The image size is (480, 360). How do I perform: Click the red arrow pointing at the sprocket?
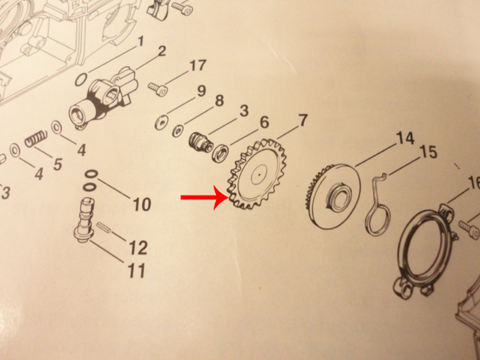tap(204, 198)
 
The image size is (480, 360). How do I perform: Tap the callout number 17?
tap(197, 65)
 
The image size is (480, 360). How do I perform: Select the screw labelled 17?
tap(158, 89)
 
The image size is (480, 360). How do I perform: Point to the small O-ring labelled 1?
tap(81, 79)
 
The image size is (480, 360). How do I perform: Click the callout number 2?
tap(161, 50)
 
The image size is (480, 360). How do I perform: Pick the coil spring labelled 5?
tap(36, 138)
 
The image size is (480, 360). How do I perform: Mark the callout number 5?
tap(58, 164)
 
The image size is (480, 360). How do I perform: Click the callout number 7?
tap(302, 120)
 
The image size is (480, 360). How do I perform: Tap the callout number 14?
tap(406, 138)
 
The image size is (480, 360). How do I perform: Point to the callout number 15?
tap(429, 152)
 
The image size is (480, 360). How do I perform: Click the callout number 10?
tap(142, 204)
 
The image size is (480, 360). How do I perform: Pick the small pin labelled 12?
tap(105, 229)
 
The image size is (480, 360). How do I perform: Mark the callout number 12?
tap(138, 247)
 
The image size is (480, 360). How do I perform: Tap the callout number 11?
tap(137, 271)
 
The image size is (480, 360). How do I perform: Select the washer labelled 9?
tap(161, 122)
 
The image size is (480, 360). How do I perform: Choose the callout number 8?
tap(219, 101)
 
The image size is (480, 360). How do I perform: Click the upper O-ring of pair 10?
tap(92, 174)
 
